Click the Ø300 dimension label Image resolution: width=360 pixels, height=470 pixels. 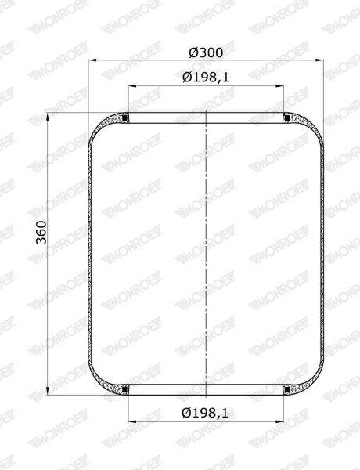click(206, 52)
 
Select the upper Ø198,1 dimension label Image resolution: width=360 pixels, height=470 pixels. click(206, 78)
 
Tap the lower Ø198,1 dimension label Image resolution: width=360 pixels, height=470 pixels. click(205, 414)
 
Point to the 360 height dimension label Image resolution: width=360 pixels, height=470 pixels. click(41, 233)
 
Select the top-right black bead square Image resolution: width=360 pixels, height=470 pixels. click(286, 118)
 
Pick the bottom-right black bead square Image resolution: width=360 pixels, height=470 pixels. click(286, 389)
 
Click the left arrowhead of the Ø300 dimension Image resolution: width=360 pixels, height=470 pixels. click(92, 60)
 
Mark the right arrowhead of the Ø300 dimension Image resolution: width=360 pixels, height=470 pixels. click(320, 60)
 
